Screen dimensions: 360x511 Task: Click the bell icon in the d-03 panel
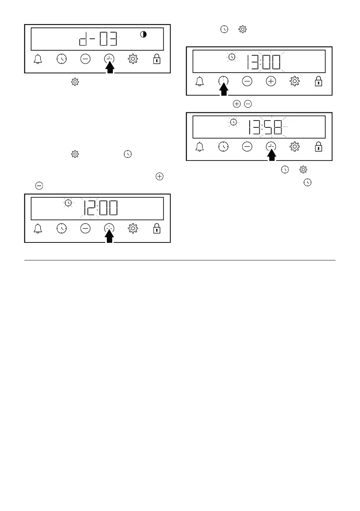click(38, 60)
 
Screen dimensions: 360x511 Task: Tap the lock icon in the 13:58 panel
click(318, 147)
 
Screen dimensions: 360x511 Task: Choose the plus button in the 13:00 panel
click(271, 82)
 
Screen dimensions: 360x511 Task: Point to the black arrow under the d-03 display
click(110, 68)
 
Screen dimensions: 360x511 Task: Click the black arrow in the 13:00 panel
click(223, 89)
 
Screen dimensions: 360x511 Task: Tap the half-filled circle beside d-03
click(143, 35)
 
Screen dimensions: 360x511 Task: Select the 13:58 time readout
click(266, 127)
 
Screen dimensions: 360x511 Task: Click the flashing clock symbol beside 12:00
click(67, 203)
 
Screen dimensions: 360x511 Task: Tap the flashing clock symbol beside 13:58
click(233, 122)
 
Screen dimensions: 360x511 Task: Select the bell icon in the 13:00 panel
click(199, 82)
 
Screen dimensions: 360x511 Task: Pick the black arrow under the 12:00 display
click(110, 237)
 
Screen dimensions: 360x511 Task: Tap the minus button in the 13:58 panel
click(247, 147)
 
